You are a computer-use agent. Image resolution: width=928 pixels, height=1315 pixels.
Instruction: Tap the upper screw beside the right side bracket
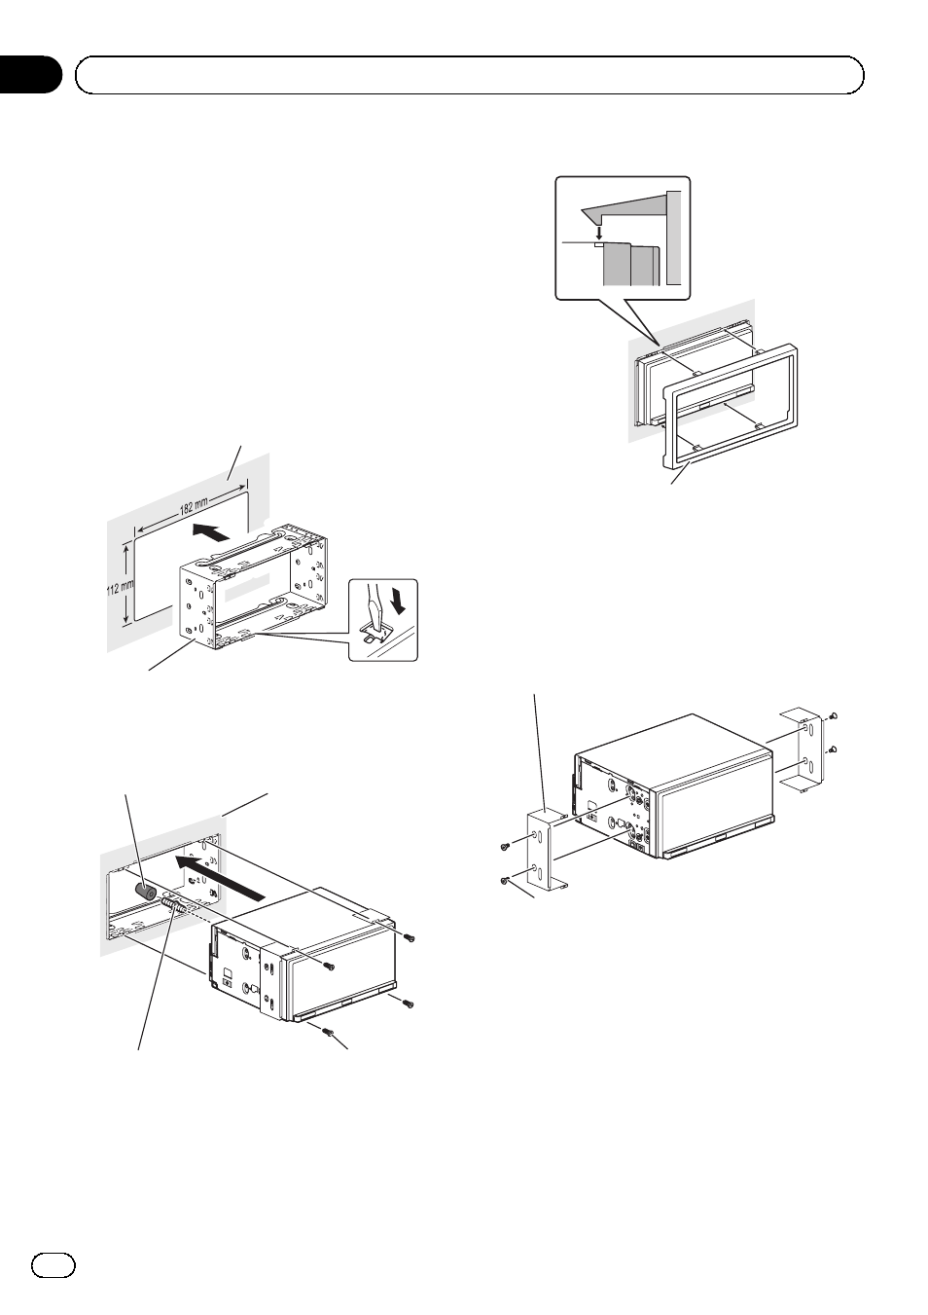pos(836,717)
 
